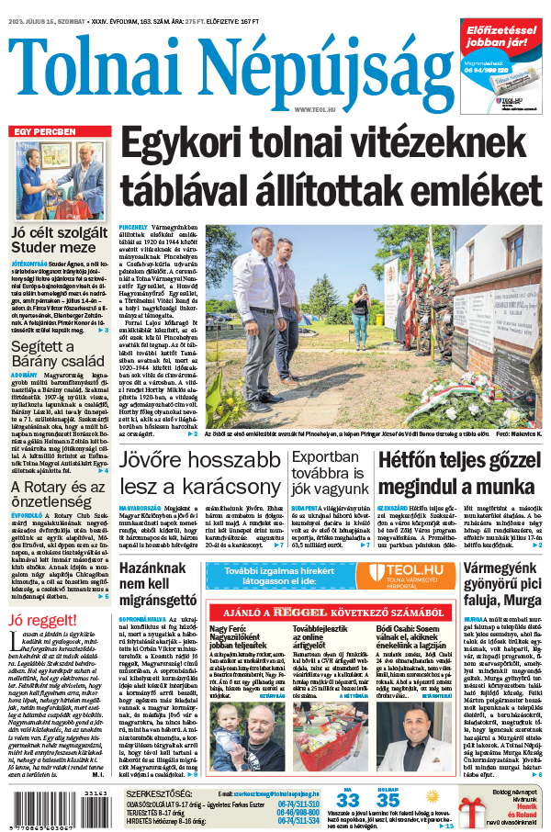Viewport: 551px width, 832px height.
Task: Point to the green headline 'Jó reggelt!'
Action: [x=42, y=619]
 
